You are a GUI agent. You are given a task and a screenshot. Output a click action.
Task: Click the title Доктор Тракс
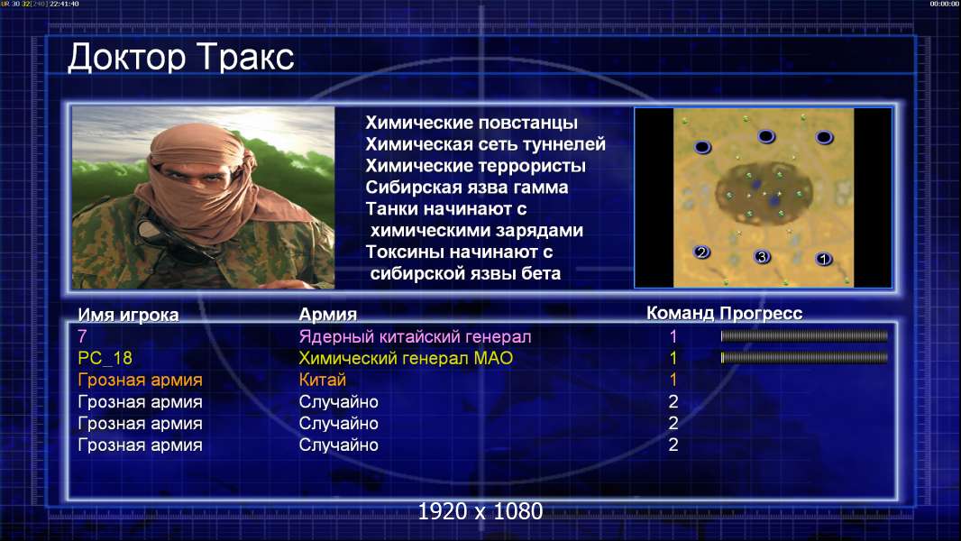point(181,59)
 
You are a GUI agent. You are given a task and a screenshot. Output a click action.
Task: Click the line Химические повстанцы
point(471,123)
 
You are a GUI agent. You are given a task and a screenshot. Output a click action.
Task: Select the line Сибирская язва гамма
point(466,188)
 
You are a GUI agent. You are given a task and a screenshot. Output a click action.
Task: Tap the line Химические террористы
point(476,166)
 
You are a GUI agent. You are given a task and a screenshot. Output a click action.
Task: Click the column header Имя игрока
point(128,315)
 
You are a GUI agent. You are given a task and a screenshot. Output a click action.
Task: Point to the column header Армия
point(328,315)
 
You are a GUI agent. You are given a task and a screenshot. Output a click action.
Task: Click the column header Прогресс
point(761,313)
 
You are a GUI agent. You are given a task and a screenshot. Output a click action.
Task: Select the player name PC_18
point(105,358)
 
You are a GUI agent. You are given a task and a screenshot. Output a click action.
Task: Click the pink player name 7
point(82,336)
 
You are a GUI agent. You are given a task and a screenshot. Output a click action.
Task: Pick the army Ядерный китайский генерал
point(415,337)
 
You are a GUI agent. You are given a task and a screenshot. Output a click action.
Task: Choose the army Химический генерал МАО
point(406,359)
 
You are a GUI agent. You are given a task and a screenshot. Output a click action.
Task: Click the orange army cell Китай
point(323,380)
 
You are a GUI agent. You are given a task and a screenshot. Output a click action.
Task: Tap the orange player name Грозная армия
point(140,380)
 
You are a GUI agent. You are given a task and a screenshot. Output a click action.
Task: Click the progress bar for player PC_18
point(804,357)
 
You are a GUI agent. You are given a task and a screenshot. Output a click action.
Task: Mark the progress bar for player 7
point(804,335)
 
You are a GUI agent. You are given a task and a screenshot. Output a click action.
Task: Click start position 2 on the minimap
point(701,252)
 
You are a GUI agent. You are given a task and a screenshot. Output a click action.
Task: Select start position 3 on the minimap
point(762,257)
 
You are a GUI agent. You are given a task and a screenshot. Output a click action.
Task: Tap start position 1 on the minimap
point(824,259)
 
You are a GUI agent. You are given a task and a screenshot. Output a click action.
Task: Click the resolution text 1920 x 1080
point(480,511)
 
